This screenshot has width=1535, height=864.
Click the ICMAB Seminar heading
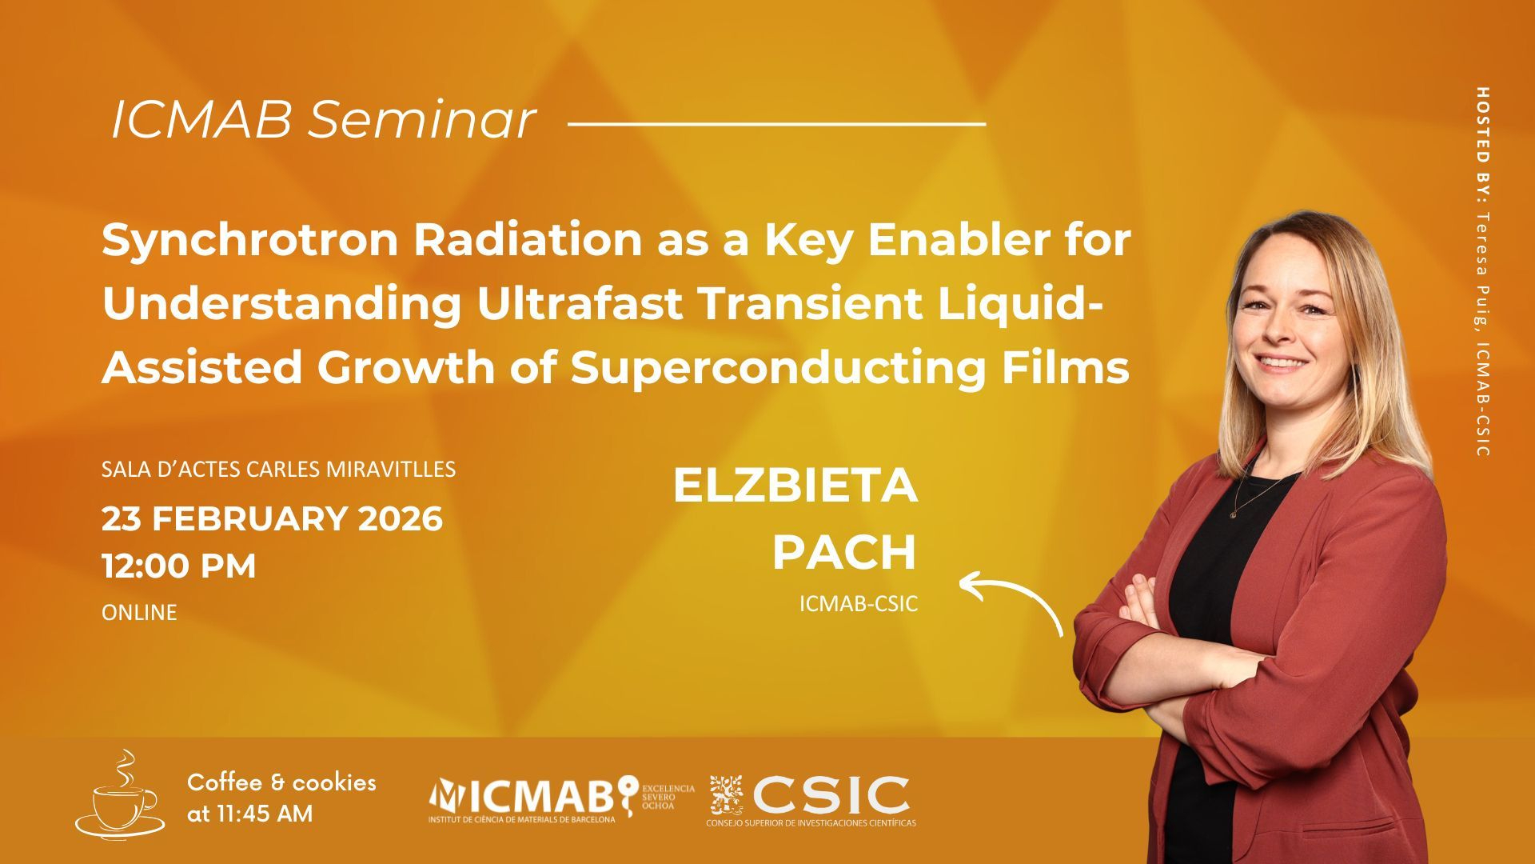pyautogui.click(x=323, y=121)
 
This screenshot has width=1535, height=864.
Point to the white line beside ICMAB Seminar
pyautogui.click(x=776, y=124)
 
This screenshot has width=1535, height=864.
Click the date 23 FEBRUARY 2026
pyautogui.click(x=272, y=519)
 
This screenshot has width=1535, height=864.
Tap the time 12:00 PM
pyautogui.click(x=179, y=566)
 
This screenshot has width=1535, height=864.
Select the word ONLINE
pyautogui.click(x=139, y=613)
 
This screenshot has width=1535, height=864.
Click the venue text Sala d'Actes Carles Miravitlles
pyautogui.click(x=278, y=469)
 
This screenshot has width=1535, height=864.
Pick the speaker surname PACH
pyautogui.click(x=844, y=552)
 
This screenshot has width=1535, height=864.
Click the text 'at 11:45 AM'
pyautogui.click(x=250, y=814)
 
